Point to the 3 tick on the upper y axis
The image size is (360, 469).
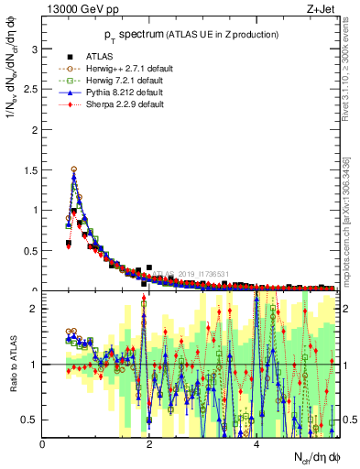pos(36,49)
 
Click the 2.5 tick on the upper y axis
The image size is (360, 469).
pos(31,89)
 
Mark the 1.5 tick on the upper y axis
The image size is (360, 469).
pos(31,169)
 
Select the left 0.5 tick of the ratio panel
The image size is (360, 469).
pos(31,420)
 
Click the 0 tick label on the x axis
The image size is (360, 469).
pos(43,444)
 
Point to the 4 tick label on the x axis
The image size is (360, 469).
pos(256,444)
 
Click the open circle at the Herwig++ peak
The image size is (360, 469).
pos(74,169)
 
